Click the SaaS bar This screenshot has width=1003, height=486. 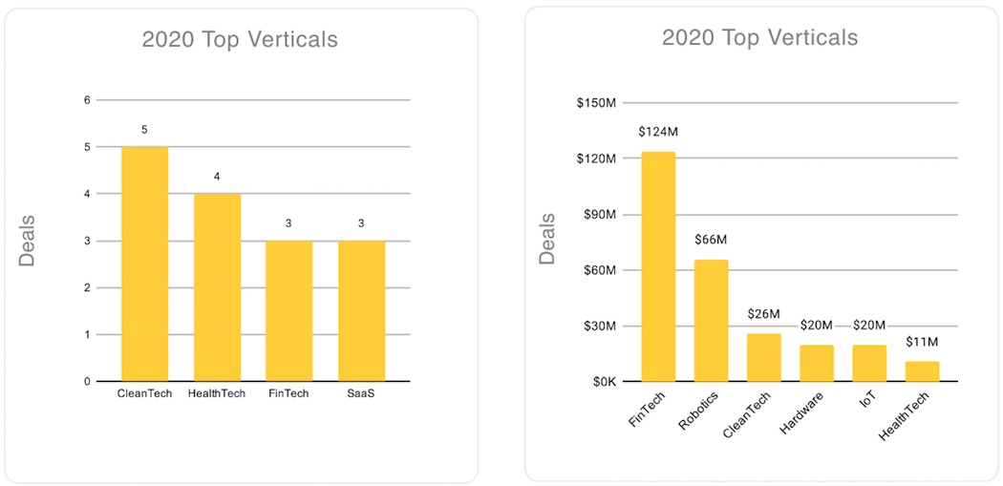(x=361, y=311)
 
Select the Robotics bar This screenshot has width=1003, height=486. (x=711, y=321)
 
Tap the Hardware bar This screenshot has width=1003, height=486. (x=817, y=363)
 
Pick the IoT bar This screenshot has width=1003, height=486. (x=869, y=363)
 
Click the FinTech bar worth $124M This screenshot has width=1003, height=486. (x=658, y=267)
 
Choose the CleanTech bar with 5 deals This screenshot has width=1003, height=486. (x=145, y=264)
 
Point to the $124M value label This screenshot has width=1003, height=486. (x=658, y=132)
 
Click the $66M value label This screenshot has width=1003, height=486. (x=711, y=240)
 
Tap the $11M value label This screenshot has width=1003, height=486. (x=922, y=342)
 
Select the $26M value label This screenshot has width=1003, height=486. (x=763, y=314)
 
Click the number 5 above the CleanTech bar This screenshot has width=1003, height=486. (x=145, y=129)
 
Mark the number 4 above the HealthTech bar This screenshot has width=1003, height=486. (x=217, y=176)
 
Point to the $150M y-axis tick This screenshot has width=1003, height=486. (x=597, y=103)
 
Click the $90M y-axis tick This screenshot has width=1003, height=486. (x=600, y=215)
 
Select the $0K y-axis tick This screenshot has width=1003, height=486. (x=603, y=382)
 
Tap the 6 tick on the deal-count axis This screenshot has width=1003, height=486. (x=88, y=100)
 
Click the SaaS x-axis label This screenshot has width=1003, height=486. (x=361, y=393)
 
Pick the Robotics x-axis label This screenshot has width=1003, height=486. (x=699, y=411)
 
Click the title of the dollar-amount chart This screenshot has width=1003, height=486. (x=760, y=38)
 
